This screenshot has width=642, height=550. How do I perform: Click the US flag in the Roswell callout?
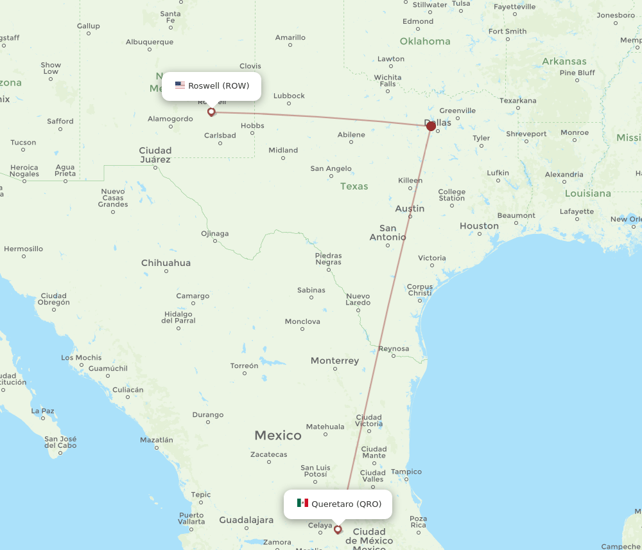tap(180, 85)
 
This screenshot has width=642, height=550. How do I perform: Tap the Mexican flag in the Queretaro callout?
tap(302, 503)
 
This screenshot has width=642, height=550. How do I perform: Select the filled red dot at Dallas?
tap(431, 126)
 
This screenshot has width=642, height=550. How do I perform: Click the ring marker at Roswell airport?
tap(211, 112)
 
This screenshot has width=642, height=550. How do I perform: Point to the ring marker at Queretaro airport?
tap(338, 529)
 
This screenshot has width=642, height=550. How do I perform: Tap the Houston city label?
tap(479, 226)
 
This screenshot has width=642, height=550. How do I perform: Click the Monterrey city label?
tap(334, 360)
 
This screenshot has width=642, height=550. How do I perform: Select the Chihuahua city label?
tap(166, 262)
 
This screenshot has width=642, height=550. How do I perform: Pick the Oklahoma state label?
tap(425, 41)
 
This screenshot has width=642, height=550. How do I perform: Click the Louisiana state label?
tap(588, 193)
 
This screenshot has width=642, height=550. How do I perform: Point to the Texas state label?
tap(354, 186)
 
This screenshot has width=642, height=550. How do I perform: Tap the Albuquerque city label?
tap(150, 42)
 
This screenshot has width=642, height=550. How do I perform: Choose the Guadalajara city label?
tap(247, 520)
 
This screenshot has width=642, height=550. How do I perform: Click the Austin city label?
tap(410, 208)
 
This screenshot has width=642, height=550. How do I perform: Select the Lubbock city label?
tap(289, 96)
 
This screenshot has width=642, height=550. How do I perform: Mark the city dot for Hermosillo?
tap(24, 256)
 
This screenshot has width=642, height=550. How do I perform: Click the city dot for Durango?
tap(208, 422)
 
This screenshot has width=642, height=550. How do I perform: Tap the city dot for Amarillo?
tap(290, 46)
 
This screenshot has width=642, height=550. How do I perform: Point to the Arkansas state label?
tap(564, 62)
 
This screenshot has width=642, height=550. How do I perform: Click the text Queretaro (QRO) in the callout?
tap(347, 504)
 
